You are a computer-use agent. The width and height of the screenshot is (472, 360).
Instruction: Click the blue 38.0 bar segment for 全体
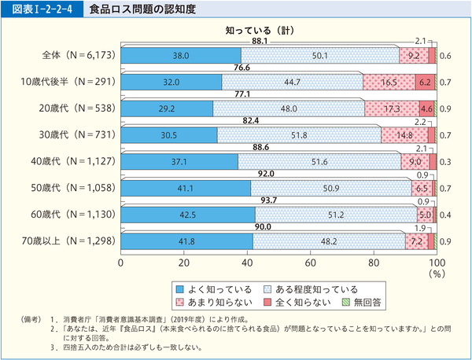[x=181, y=56]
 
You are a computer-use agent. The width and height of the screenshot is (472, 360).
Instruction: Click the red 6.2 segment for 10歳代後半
[x=425, y=82]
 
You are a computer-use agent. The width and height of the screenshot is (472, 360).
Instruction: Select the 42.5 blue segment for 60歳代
[x=188, y=215]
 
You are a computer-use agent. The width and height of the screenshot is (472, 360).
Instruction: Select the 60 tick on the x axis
[x=311, y=262]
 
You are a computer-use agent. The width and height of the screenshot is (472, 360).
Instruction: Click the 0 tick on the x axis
[x=121, y=262]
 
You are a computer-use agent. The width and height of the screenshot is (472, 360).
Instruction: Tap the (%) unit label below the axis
[x=436, y=274]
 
